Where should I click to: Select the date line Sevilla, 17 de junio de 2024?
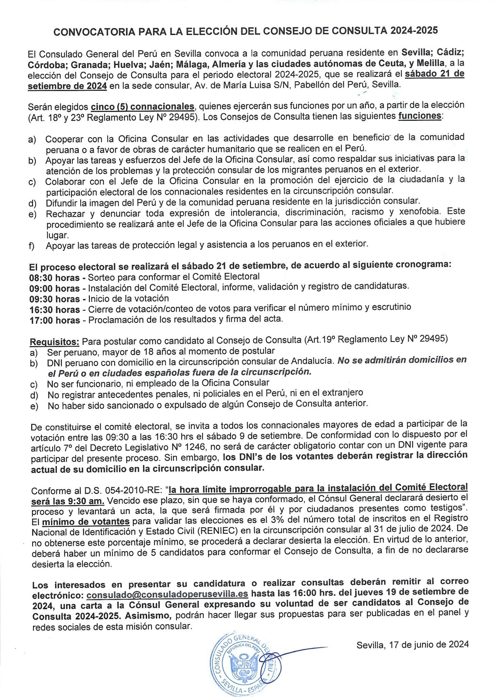pyautogui.click(x=413, y=644)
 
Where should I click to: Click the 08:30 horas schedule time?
pyautogui.click(x=54, y=277)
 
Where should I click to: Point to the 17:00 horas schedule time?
pyautogui.click(x=54, y=320)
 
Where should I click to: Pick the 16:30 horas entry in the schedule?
pyautogui.click(x=54, y=309)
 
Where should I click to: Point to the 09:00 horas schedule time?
pyautogui.click(x=54, y=288)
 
